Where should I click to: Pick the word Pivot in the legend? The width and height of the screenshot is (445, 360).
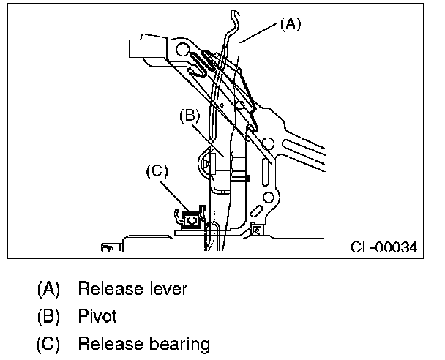(x=97, y=317)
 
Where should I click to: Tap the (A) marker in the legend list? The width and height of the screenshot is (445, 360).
(x=48, y=289)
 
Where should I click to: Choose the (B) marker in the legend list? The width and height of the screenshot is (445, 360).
(x=48, y=317)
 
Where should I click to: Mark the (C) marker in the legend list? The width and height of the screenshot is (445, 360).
(x=48, y=344)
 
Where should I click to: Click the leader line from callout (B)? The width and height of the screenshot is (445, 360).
(x=209, y=138)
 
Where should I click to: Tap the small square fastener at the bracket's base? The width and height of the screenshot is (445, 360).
(x=257, y=230)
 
